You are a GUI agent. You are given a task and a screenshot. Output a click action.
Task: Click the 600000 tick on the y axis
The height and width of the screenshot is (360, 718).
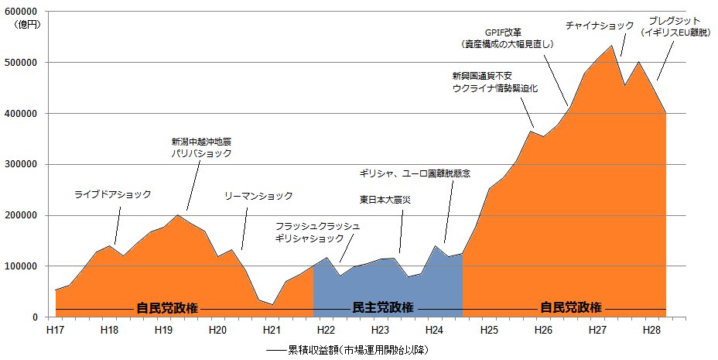(24, 12)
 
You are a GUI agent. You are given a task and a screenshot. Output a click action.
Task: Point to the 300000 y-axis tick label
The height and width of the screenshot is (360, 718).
(24, 164)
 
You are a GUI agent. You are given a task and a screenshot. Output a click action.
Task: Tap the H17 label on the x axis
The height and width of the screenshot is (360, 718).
(56, 330)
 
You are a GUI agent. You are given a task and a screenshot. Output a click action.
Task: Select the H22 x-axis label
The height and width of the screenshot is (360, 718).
(326, 330)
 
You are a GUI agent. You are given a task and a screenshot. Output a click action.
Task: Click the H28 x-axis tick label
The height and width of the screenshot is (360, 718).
(652, 330)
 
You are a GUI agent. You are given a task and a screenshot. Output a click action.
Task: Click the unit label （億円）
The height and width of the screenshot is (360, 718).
(29, 26)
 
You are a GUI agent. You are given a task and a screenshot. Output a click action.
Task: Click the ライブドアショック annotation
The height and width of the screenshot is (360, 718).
(113, 194)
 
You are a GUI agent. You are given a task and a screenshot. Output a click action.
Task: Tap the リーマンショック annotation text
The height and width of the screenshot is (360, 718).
(258, 196)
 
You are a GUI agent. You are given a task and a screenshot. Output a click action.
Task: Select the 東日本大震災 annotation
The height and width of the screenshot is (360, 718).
(385, 200)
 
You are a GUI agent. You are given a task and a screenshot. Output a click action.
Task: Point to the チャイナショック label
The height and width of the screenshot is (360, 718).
(600, 26)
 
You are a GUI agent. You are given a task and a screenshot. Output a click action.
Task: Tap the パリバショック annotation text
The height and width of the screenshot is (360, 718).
(201, 153)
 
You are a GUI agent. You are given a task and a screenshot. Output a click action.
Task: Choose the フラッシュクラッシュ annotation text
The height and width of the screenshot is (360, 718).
(317, 226)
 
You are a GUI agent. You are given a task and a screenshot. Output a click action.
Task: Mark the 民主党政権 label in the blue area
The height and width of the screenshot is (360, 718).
(382, 307)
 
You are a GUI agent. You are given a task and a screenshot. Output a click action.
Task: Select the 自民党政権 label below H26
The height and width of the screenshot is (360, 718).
(570, 307)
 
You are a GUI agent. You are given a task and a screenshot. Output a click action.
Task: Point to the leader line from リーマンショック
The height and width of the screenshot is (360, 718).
(244, 228)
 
